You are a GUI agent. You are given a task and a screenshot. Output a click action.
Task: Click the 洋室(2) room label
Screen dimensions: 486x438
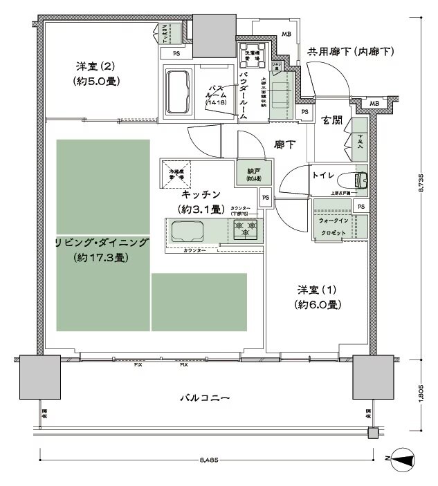(x=97, y=66)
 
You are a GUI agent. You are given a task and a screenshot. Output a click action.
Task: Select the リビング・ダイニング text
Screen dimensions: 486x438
(x=102, y=242)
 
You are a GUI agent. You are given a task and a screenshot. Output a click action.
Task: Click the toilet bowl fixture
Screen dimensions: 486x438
(x=361, y=180)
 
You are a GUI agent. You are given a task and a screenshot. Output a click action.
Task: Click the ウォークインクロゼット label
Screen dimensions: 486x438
(x=334, y=226)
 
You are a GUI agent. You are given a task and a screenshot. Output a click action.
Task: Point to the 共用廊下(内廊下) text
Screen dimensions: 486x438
(x=350, y=52)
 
